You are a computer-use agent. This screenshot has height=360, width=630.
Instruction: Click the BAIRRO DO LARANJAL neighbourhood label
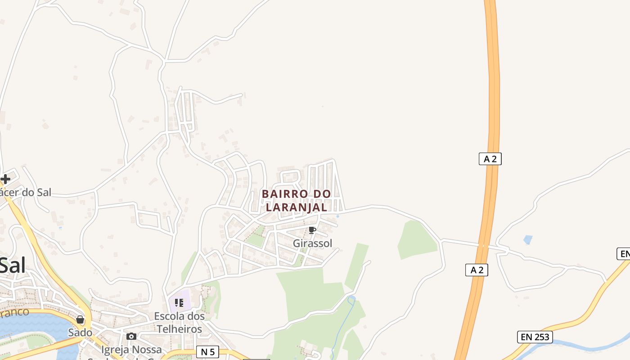tap(297, 200)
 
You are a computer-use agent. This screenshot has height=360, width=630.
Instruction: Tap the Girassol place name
tap(312, 243)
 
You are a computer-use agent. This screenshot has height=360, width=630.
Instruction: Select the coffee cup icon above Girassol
tap(312, 230)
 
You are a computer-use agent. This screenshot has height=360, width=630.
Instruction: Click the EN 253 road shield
tap(534, 337)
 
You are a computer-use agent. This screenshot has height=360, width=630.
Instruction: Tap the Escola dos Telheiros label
tap(179, 323)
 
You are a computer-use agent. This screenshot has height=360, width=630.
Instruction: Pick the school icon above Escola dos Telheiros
tap(179, 303)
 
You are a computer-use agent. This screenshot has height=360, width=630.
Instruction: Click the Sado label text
tap(80, 333)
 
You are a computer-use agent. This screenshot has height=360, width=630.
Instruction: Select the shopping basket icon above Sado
tap(80, 319)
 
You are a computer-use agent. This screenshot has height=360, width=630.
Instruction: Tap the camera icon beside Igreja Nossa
tap(131, 336)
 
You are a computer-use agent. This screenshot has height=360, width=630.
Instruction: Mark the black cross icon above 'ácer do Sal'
tap(5, 179)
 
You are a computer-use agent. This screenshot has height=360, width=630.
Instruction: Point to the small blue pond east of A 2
tap(527, 240)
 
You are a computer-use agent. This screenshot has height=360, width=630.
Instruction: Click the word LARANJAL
tap(297, 207)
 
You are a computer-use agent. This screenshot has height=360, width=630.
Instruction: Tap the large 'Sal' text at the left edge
tap(13, 265)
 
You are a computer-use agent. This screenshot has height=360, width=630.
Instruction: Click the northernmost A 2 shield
tap(490, 158)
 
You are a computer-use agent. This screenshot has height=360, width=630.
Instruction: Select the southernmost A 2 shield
tap(477, 270)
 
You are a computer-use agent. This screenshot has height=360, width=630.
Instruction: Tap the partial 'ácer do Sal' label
tap(26, 193)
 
